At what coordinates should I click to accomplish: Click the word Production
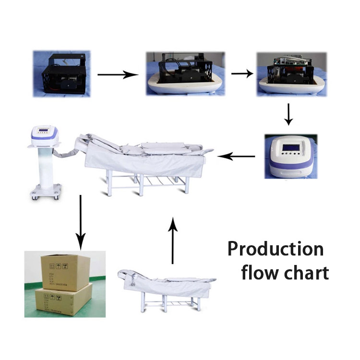[275, 250]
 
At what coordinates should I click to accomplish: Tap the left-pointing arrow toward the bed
[237, 156]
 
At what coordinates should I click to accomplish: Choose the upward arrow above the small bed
[172, 240]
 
